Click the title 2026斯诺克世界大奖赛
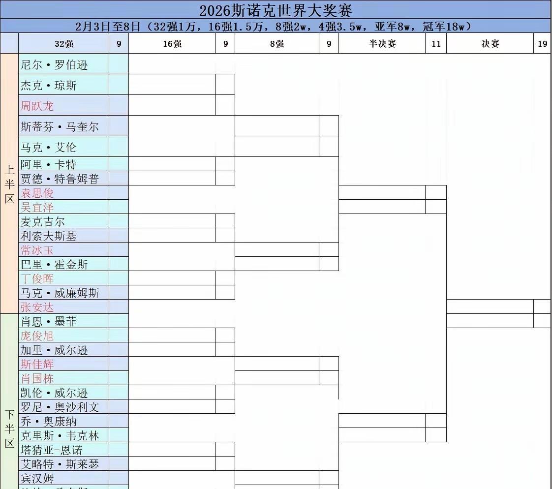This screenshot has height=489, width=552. pos(276,10)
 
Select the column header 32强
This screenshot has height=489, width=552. pos(64,44)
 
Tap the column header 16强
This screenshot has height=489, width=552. pos(172,44)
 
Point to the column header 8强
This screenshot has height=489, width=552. pos(277,44)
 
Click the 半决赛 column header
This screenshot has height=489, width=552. pos(382,44)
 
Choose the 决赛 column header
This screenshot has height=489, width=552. pos(490,44)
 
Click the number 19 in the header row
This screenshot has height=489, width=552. pos(542,44)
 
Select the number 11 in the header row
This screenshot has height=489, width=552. pos(436,44)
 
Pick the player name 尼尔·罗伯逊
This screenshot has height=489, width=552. pos(54,65)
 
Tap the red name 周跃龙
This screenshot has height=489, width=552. pos(37,106)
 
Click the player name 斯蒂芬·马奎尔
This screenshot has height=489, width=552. pos(60,127)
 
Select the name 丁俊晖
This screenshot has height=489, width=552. pos(37,278)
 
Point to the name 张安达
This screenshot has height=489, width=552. pos(37,307)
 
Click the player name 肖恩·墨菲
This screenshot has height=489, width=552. pos(49,322)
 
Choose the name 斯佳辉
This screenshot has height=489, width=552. pos(37,365)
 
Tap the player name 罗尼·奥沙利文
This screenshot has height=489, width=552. pos(60,407)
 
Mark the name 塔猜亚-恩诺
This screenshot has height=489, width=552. pos(51,450)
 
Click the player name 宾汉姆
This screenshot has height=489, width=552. pos(37,478)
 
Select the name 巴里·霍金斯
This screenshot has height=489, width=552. pos(54,264)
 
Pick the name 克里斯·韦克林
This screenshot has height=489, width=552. pos(60,436)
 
